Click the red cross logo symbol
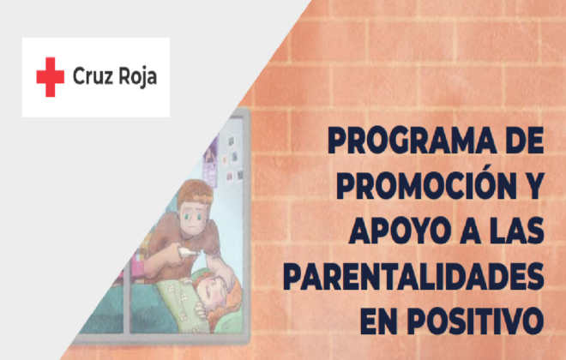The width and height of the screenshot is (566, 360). pos(51,77)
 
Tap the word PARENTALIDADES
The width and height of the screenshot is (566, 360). pos(413,276)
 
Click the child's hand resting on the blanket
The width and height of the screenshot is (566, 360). pos(200,309)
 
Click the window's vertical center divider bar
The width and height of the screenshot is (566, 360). pos(127,298)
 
